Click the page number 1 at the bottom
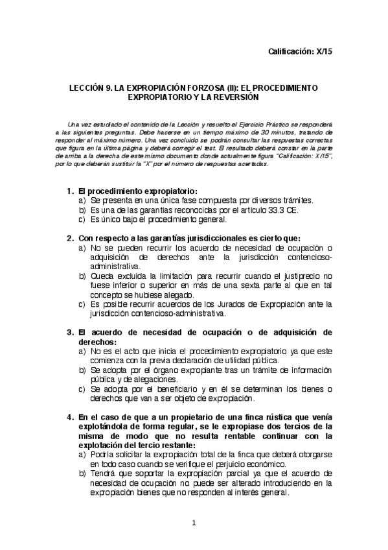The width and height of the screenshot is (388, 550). coord(194,523)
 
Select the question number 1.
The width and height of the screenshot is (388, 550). coord(69,192)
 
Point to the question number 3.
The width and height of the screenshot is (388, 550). coord(69,332)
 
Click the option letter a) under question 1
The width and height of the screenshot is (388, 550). coord(82,201)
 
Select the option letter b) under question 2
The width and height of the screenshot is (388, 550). coord(82,276)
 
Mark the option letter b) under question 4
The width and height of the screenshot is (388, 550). coord(82,474)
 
